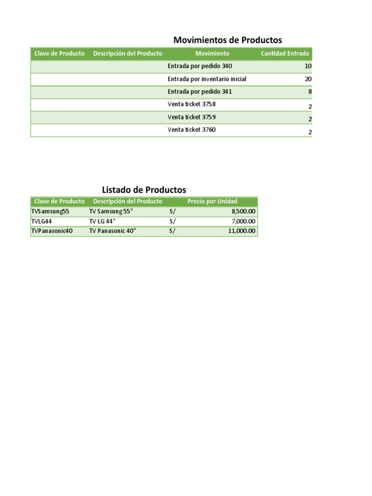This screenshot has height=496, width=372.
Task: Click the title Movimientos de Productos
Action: point(227,40)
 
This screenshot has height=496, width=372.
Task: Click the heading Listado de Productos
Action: point(144,190)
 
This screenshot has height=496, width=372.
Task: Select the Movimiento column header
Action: point(212,54)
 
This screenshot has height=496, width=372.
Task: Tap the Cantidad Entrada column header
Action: point(284,54)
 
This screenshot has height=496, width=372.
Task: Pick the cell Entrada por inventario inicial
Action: point(207,79)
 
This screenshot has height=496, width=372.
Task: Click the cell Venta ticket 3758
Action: point(191,104)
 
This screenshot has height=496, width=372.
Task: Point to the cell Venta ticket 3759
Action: point(191,117)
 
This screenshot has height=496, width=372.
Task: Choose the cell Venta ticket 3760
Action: point(191,130)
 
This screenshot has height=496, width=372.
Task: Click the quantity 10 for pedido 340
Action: point(308,66)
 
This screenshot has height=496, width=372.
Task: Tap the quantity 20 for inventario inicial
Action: point(308,79)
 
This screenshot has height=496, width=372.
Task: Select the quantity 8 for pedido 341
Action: point(310,92)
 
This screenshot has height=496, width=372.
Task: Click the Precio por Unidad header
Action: point(212,201)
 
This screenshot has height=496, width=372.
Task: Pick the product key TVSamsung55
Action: point(50,212)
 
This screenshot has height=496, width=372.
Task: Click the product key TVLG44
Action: point(42,221)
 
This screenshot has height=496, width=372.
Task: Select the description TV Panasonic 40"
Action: point(113,231)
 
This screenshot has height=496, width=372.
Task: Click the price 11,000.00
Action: point(242,231)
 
